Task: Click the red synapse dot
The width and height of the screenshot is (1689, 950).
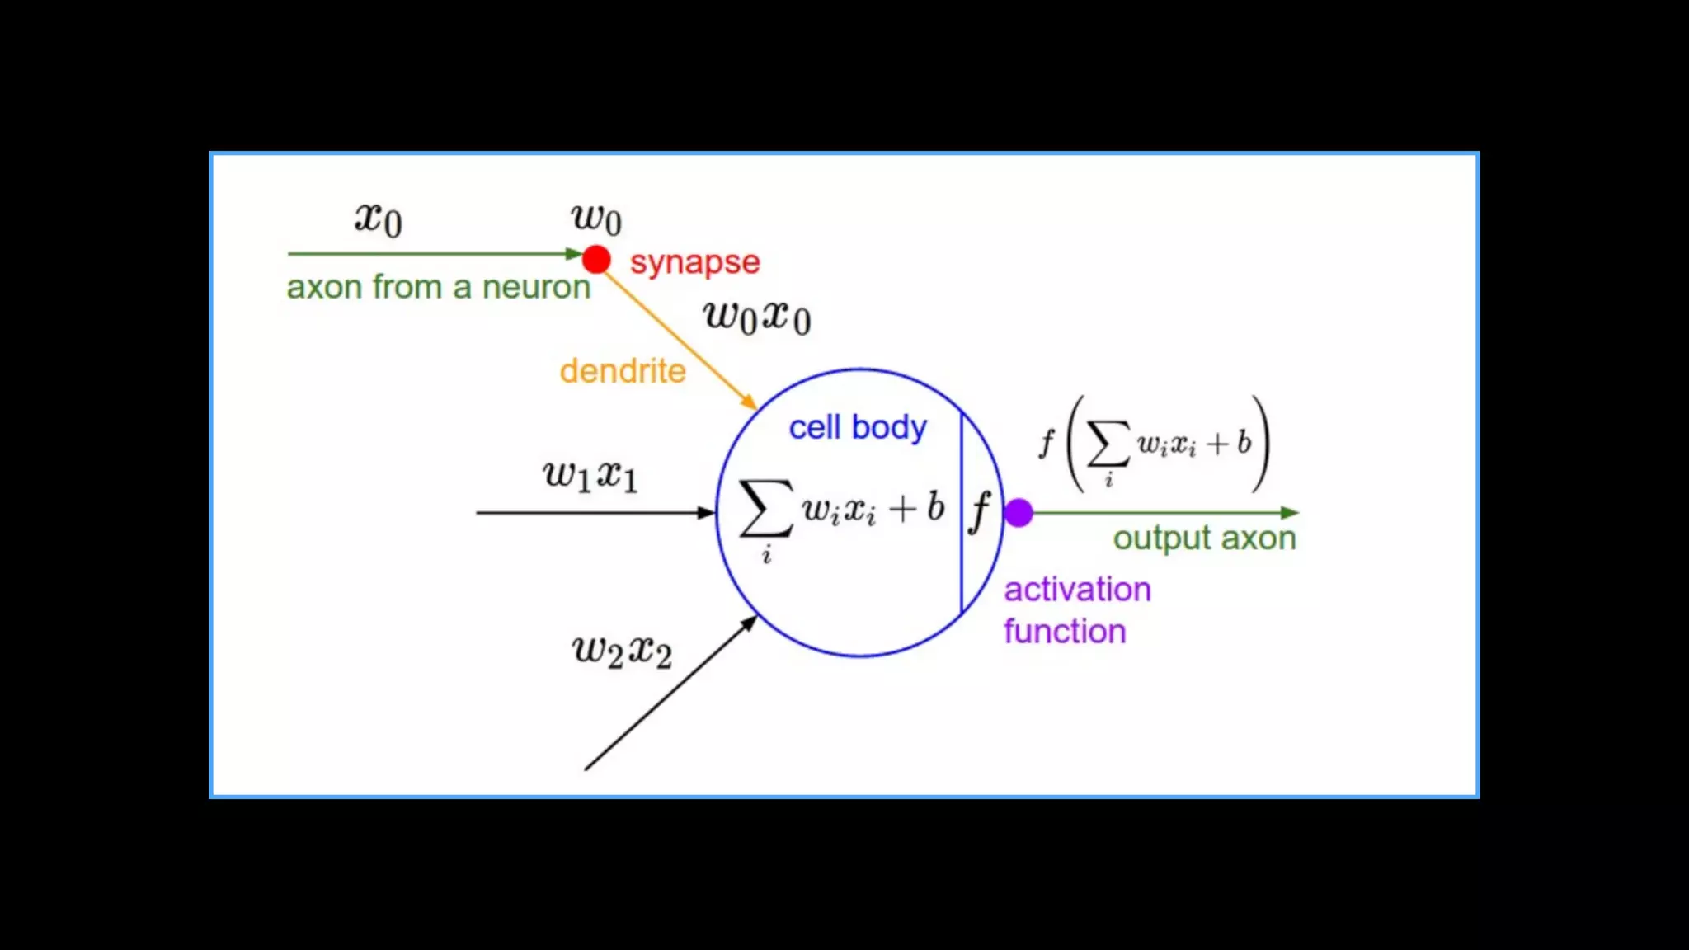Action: pyautogui.click(x=596, y=260)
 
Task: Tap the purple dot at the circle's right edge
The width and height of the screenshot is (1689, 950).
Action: pyautogui.click(x=1019, y=513)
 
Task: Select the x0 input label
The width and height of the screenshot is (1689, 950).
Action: pyautogui.click(x=379, y=219)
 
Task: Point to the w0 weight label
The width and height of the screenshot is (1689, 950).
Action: pyautogui.click(x=596, y=219)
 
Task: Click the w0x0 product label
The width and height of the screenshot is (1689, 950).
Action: pyautogui.click(x=757, y=317)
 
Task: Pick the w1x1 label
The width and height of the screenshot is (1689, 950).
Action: pyautogui.click(x=590, y=475)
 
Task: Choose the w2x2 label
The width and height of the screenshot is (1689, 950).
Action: pyautogui.click(x=622, y=651)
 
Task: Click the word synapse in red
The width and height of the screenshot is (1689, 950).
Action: pyautogui.click(x=694, y=262)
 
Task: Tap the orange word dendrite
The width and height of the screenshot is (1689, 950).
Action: pyautogui.click(x=623, y=371)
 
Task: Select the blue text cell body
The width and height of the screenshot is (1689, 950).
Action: pyautogui.click(x=858, y=427)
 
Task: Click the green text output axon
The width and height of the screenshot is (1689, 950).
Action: pyautogui.click(x=1204, y=538)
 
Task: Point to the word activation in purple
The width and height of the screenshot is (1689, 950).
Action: pyautogui.click(x=1077, y=590)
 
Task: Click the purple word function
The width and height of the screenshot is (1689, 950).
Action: pyautogui.click(x=1065, y=632)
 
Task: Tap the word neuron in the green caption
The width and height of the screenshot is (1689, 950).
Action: pyautogui.click(x=536, y=287)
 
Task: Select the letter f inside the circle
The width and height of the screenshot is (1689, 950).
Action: pyautogui.click(x=980, y=511)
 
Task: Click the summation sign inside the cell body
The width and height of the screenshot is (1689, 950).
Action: pyautogui.click(x=765, y=508)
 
